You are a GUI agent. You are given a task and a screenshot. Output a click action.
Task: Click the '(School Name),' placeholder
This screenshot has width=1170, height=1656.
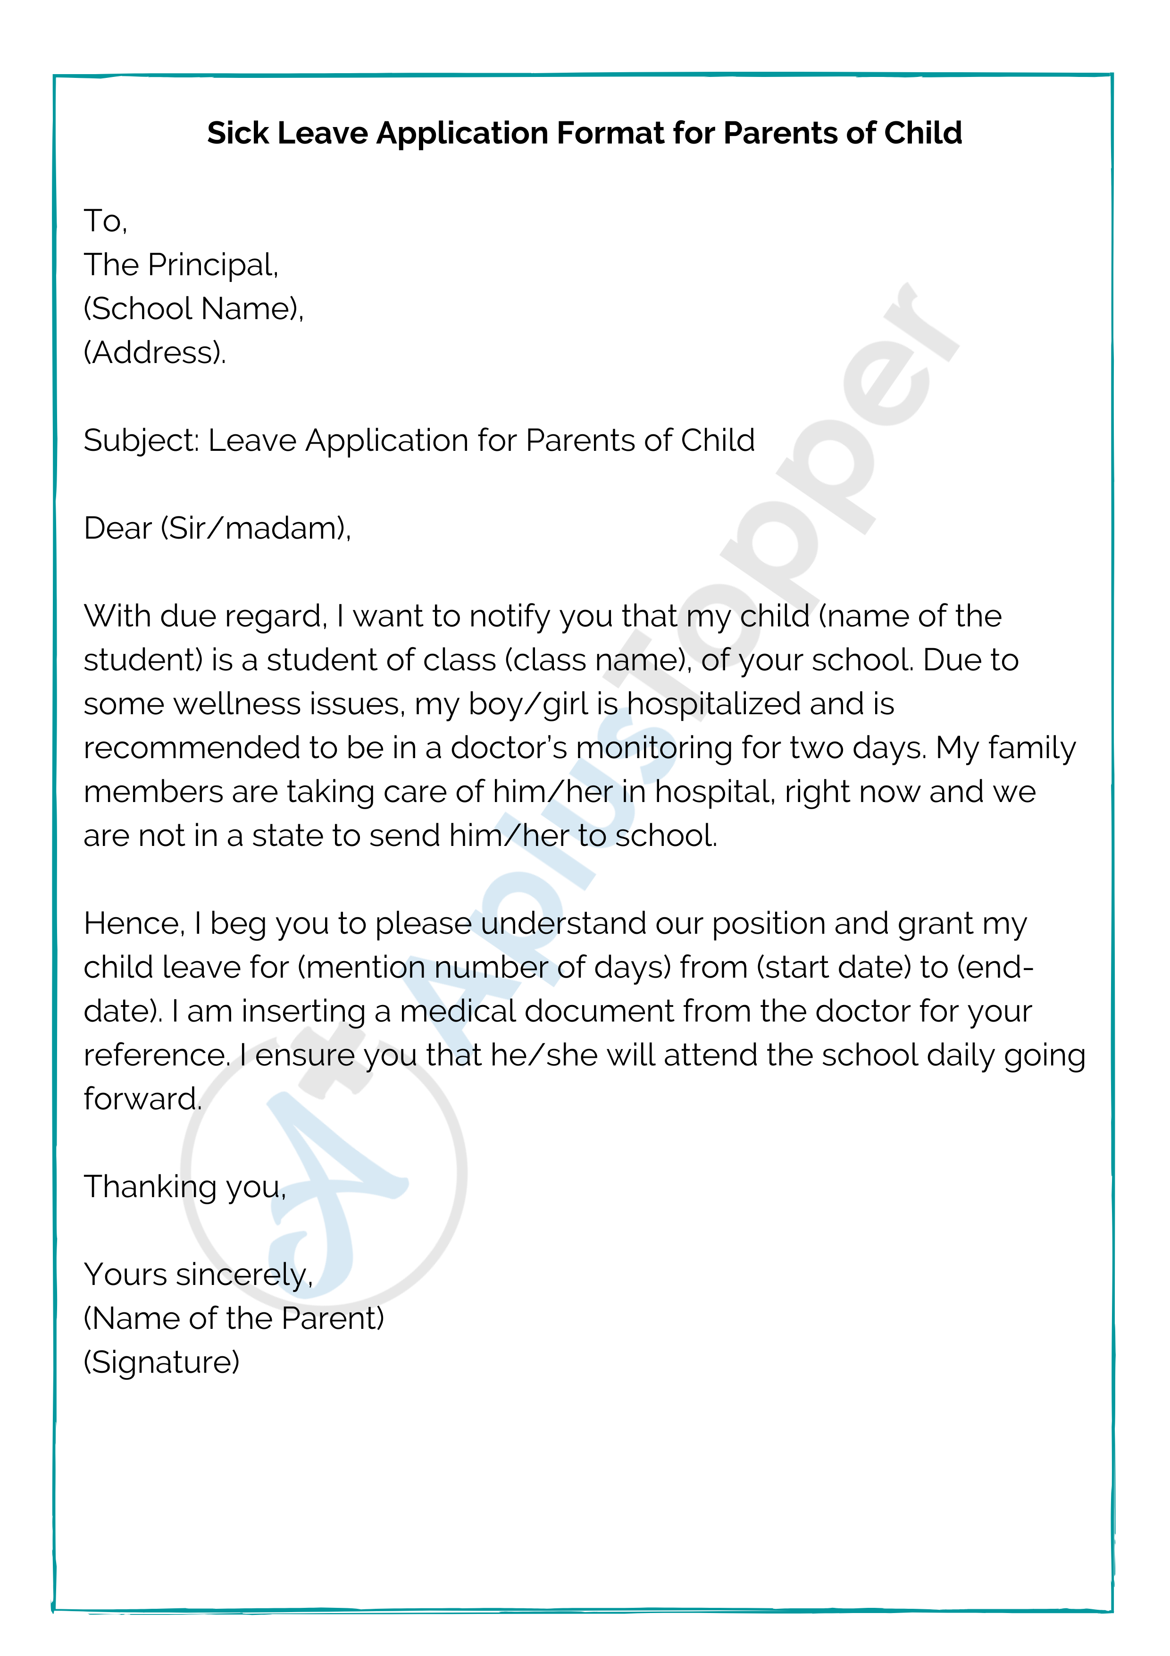[193, 309]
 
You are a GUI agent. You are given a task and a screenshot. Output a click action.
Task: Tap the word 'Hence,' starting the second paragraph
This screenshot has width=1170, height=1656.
[134, 924]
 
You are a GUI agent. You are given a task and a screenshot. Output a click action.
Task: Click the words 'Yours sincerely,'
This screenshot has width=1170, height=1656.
[198, 1275]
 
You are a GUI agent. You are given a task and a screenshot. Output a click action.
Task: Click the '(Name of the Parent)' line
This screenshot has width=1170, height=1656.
[234, 1319]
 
